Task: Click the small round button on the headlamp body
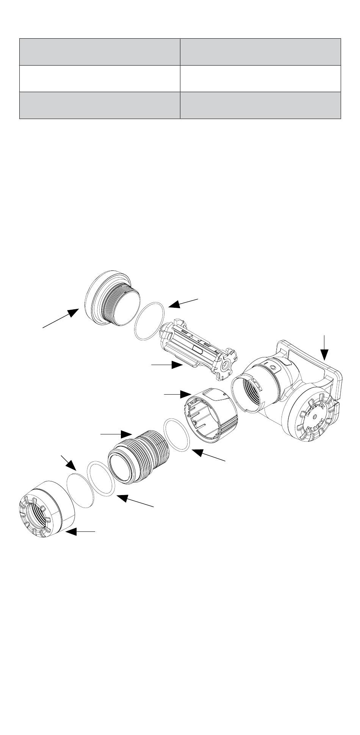(273, 367)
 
